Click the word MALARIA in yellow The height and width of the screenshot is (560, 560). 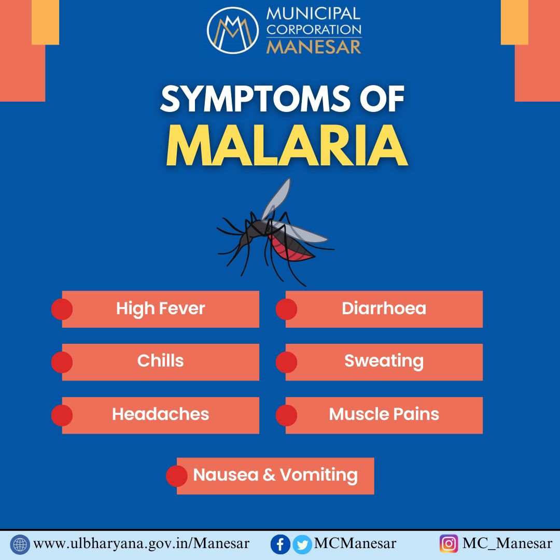coord(287,146)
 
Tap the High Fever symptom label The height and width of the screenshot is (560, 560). coord(160,309)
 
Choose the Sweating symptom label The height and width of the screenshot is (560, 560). coord(384,361)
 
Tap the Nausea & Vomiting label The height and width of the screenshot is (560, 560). coord(275,475)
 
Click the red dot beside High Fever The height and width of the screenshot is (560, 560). coord(62,309)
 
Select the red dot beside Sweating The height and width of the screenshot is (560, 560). coord(286,362)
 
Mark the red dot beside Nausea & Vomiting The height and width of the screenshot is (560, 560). coord(177,475)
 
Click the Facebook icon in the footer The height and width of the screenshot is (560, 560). coord(281,544)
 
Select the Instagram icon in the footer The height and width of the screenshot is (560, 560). coord(449,544)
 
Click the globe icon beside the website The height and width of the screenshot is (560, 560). coord(20,544)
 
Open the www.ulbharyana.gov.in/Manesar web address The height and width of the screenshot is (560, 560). coord(141,544)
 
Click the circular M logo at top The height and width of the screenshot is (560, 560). coord(232,31)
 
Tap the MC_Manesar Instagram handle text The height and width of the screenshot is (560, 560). coord(507,544)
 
